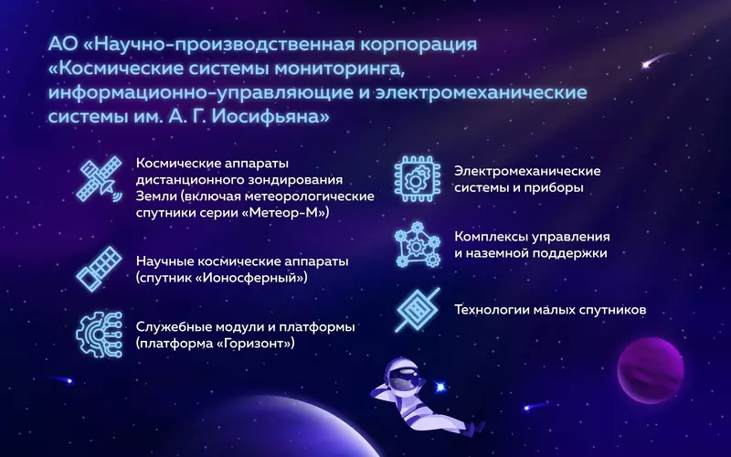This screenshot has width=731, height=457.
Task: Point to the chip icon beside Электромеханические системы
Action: click(x=416, y=178)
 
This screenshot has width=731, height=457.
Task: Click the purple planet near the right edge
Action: click(x=651, y=370)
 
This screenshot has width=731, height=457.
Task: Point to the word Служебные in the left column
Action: click(x=173, y=326)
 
